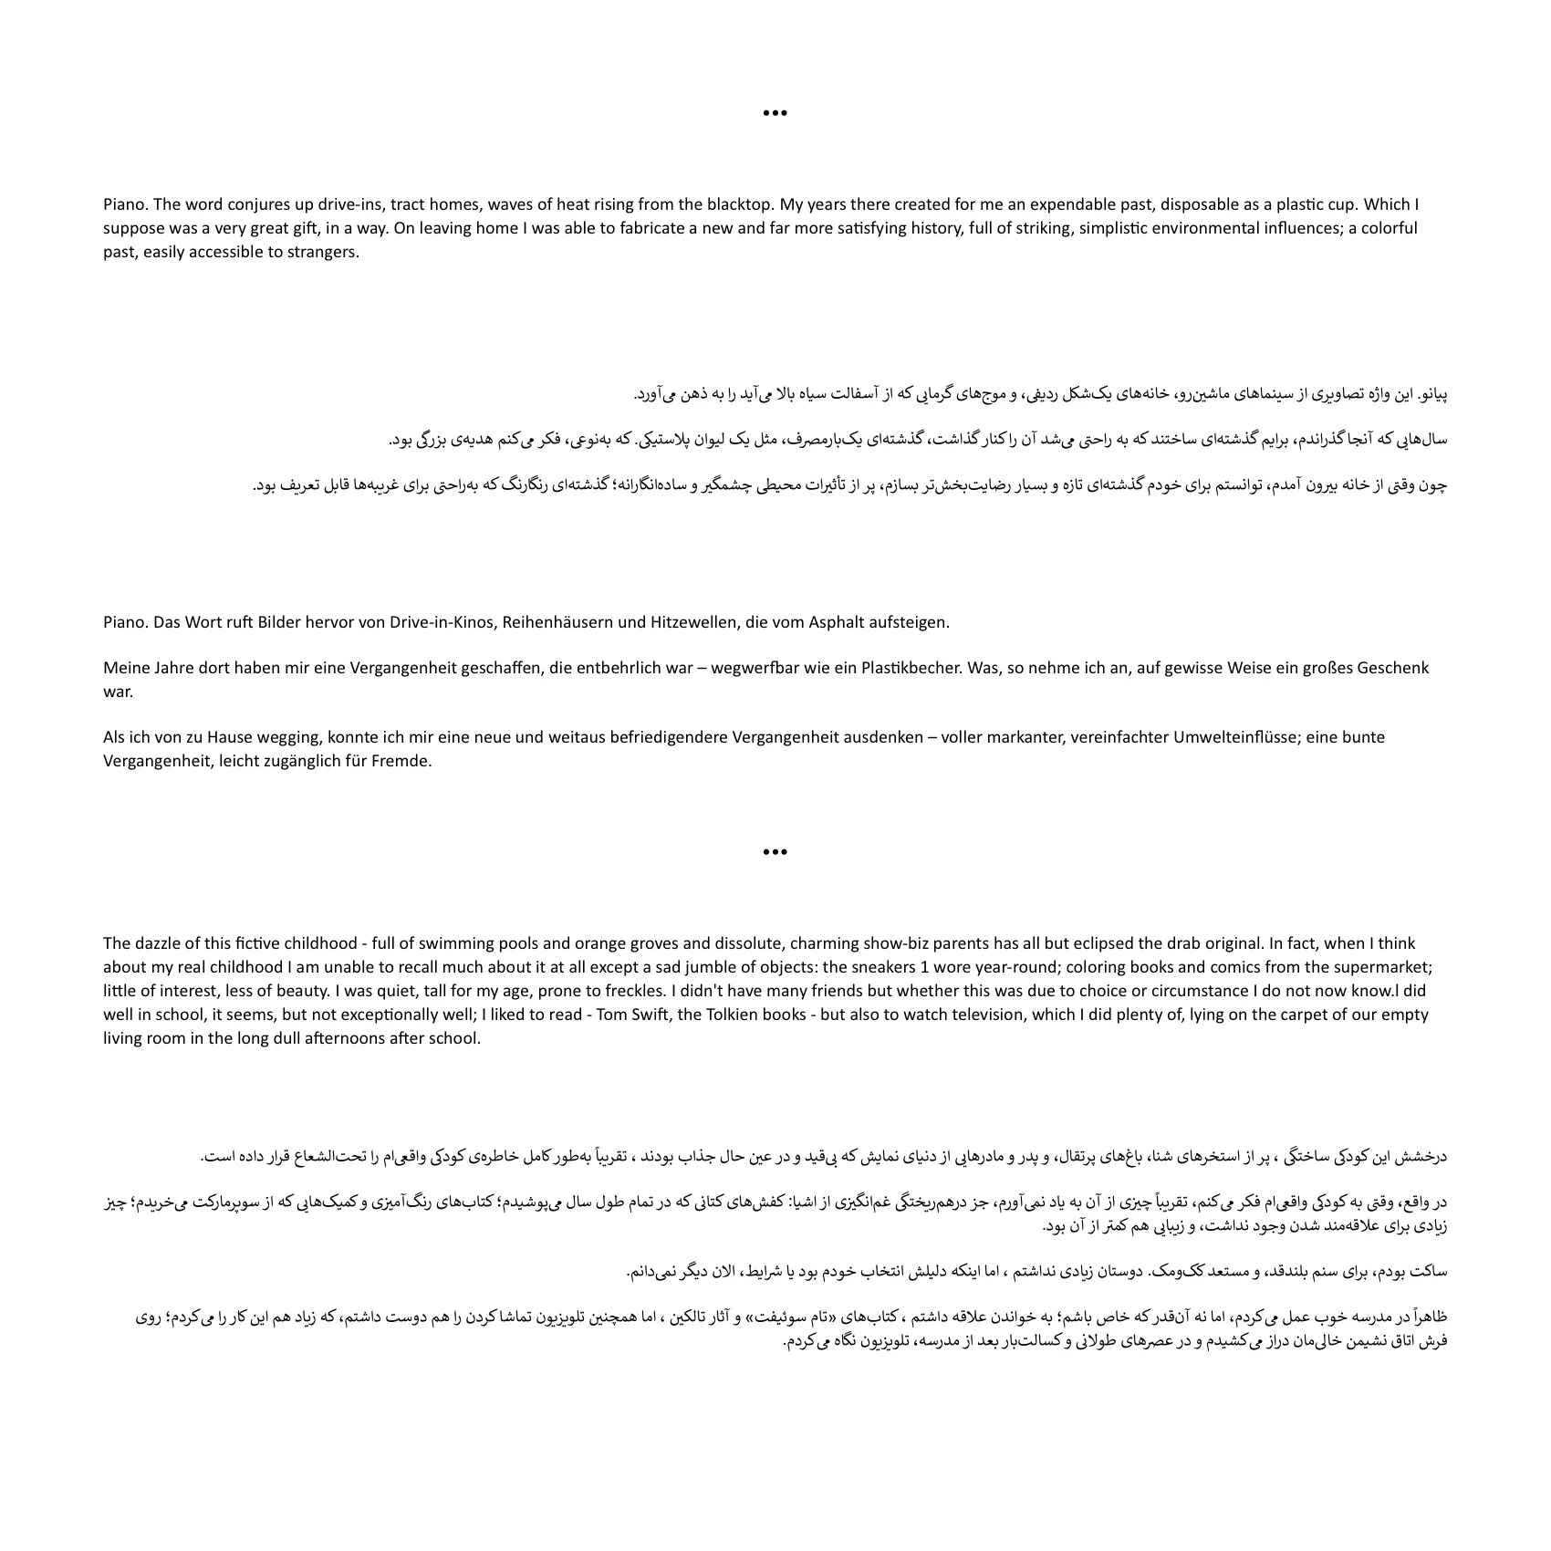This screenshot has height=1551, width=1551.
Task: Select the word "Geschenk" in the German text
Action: [x=1392, y=668]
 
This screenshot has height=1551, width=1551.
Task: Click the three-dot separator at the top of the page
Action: [x=775, y=113]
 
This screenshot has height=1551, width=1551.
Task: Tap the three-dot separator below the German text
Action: [x=775, y=852]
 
